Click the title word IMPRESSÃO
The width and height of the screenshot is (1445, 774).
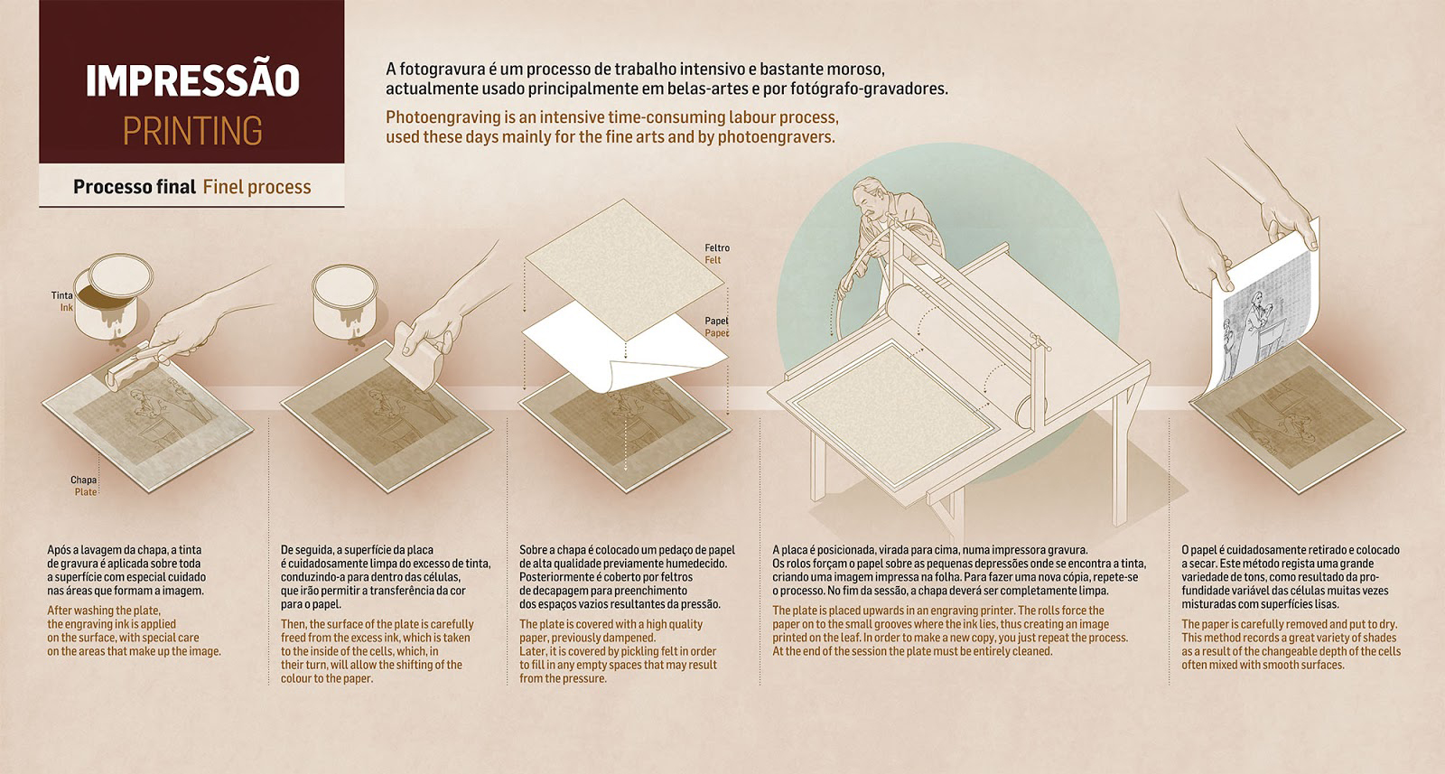pos(192,80)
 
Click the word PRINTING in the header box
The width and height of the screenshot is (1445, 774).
pos(192,131)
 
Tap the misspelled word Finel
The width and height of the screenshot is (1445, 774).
pos(222,187)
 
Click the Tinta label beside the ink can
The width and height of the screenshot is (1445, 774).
pos(62,295)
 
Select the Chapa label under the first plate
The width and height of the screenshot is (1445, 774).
pos(83,480)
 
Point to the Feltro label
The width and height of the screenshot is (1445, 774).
pos(717,247)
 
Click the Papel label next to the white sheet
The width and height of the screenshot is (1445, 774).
pos(716,322)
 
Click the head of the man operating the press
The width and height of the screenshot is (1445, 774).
pos(868,197)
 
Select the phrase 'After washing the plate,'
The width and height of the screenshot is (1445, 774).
pos(104,611)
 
